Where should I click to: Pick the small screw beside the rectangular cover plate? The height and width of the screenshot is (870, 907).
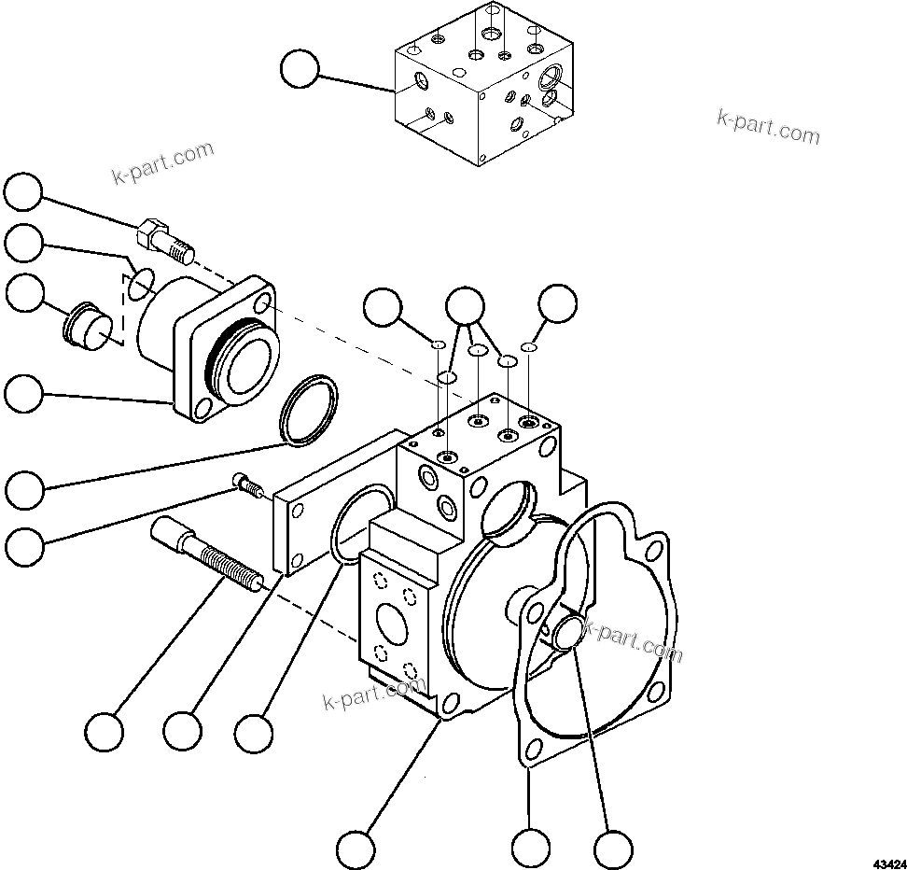coord(246,484)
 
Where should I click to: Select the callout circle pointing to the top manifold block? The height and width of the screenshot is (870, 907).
coord(300,69)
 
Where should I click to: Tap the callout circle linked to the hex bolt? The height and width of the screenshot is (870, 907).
coord(23,193)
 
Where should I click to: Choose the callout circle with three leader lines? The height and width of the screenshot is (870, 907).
coord(465,305)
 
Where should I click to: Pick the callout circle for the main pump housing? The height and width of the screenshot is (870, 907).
coord(356,849)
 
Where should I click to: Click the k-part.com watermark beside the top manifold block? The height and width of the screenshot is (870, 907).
coord(768,127)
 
